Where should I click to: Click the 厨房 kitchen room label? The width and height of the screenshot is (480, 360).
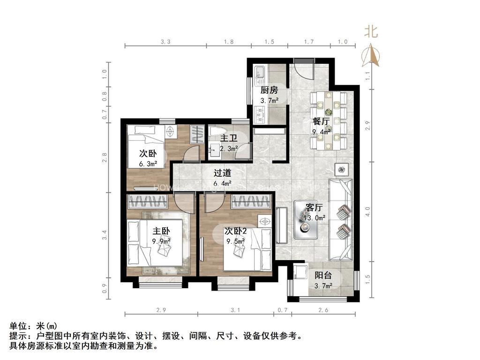click(x=269, y=90)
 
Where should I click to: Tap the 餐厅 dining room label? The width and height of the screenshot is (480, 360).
click(x=321, y=121)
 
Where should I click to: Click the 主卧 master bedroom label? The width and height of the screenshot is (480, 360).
click(x=161, y=231)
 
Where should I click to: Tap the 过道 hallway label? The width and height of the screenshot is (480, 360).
click(x=222, y=173)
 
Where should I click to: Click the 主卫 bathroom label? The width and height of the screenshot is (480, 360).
click(x=228, y=138)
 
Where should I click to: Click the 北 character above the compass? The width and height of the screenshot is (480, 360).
click(x=371, y=32)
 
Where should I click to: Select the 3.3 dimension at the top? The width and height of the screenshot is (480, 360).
click(x=165, y=42)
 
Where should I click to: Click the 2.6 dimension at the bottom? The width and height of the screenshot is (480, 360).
click(x=323, y=310)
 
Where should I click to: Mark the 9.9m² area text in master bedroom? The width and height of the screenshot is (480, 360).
click(x=161, y=241)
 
